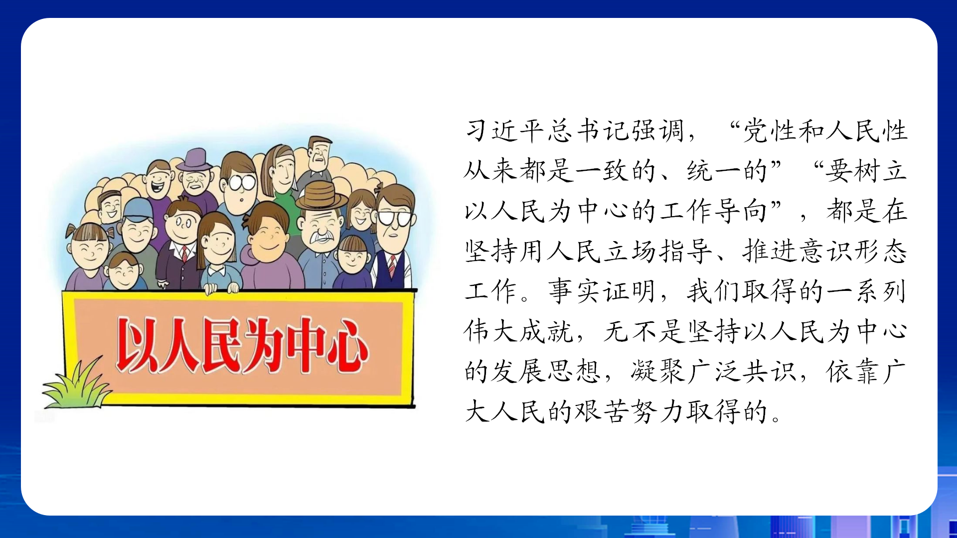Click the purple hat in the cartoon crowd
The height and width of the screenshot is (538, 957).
pos(195,160)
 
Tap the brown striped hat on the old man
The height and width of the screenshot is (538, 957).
pos(321,195)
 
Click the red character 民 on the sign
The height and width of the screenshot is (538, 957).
pos(222,345)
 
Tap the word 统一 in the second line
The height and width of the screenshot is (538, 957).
pos(713,171)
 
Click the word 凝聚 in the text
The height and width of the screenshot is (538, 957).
pos(657,371)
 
